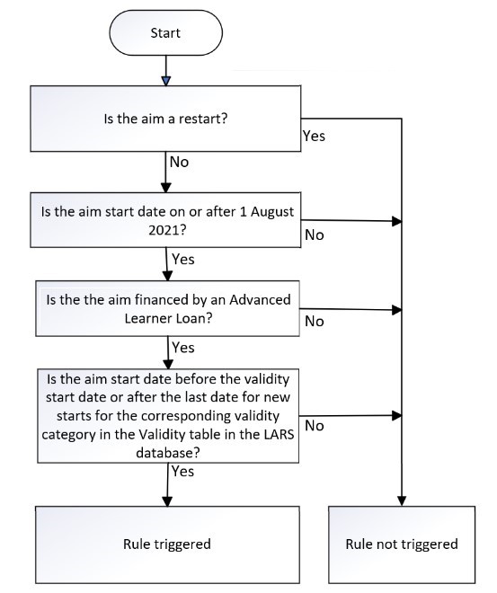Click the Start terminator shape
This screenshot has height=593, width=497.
coord(165,33)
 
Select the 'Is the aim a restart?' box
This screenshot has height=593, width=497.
coord(165,119)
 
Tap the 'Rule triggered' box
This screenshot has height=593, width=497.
coord(167,544)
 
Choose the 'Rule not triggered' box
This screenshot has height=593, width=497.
coord(402,544)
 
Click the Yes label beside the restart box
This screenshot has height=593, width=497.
coord(314,137)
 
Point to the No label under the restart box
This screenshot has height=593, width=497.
coord(179,162)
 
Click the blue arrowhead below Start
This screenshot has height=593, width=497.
coord(166,81)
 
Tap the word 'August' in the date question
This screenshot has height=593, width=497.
coord(272,212)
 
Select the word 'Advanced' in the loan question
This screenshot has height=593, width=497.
coord(261,300)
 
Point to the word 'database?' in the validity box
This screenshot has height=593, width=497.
coord(167,453)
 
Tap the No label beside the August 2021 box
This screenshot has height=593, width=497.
coord(315,235)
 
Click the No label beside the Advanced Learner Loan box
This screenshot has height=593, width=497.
coord(315,322)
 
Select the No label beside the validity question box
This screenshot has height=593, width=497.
coord(315,426)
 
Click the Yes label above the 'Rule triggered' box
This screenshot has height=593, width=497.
coord(183,472)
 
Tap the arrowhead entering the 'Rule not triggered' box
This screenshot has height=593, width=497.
coord(402,501)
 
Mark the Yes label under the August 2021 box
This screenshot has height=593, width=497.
coord(183,260)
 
